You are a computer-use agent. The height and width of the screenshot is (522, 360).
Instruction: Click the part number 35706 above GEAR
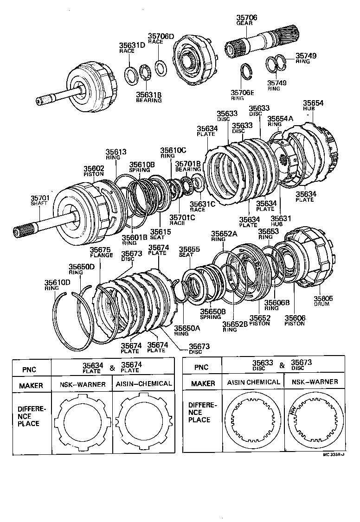coord(247,18)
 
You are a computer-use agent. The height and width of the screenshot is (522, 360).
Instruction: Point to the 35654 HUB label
coord(313,105)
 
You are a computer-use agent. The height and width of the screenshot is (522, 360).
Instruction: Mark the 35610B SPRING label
coord(141,167)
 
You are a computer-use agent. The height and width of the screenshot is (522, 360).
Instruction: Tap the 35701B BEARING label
coord(188,166)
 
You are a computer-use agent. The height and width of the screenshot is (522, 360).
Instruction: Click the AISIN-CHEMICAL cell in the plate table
coord(142,384)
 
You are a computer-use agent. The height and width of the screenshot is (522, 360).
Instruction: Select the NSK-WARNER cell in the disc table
coord(314,382)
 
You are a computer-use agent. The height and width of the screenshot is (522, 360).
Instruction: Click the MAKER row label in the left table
coord(31,385)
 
